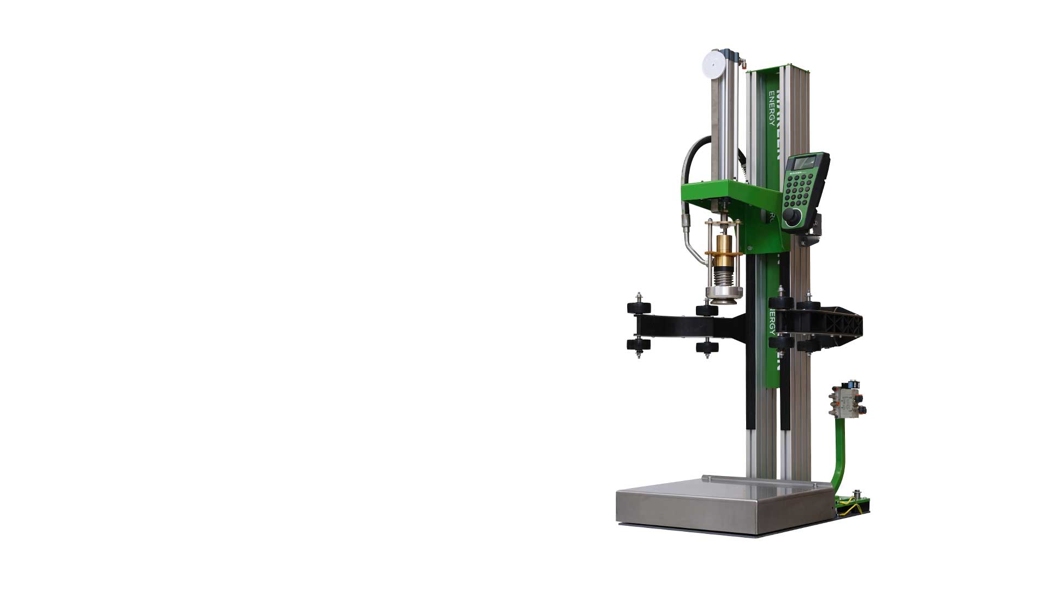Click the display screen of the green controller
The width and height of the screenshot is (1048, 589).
point(806,163)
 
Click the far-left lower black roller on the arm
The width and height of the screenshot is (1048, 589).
point(639,345)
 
